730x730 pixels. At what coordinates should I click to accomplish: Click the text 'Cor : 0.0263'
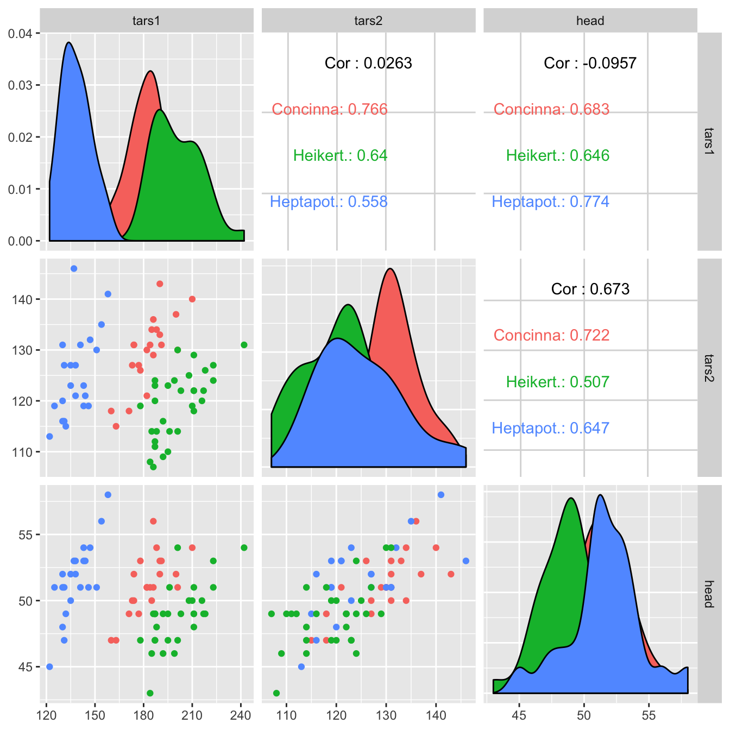pyautogui.click(x=368, y=63)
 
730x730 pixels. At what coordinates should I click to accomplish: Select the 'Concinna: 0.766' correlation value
pyautogui.click(x=330, y=109)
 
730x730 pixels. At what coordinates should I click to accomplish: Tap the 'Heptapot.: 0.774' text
pyautogui.click(x=550, y=202)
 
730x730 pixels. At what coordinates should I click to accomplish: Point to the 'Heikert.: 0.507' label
pyautogui.click(x=557, y=382)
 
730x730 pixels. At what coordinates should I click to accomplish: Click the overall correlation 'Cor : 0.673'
pyautogui.click(x=590, y=289)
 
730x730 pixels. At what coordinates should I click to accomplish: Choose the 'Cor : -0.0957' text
pyautogui.click(x=590, y=63)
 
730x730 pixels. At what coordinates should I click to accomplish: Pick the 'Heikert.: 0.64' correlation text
pyautogui.click(x=340, y=155)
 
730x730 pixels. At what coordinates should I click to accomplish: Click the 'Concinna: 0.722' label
pyautogui.click(x=551, y=335)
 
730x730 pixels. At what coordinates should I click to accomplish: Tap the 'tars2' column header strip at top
pyautogui.click(x=368, y=21)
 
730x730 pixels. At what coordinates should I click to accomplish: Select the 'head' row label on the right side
pyautogui.click(x=708, y=594)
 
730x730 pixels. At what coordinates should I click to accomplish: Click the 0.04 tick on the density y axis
pyautogui.click(x=20, y=33)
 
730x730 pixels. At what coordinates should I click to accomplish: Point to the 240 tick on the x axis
pyautogui.click(x=241, y=715)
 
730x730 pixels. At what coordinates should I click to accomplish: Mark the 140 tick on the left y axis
pyautogui.click(x=22, y=299)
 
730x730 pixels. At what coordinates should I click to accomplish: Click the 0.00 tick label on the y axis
pyautogui.click(x=20, y=241)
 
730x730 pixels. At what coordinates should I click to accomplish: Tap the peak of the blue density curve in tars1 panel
pyautogui.click(x=69, y=42)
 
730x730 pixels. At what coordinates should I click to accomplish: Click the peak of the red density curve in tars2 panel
pyautogui.click(x=390, y=269)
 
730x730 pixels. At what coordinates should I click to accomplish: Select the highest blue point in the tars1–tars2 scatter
pyautogui.click(x=74, y=268)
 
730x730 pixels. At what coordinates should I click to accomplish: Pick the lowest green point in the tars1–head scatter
pyautogui.click(x=150, y=693)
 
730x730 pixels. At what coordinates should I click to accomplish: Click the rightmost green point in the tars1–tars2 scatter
pyautogui.click(x=244, y=345)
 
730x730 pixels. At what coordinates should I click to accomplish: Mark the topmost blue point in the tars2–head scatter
pyautogui.click(x=441, y=494)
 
